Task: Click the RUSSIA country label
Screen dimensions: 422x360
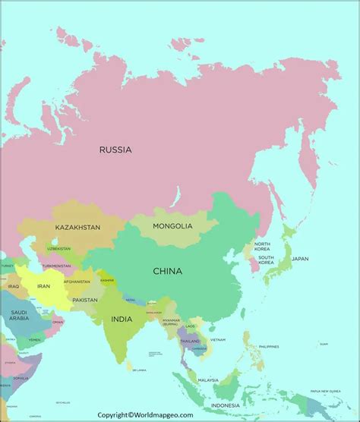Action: pos(115,150)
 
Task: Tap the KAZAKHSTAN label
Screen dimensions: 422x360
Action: pos(77,227)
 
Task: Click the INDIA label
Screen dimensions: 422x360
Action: pos(122,320)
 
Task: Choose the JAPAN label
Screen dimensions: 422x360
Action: pos(300,259)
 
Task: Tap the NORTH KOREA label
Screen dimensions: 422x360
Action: pos(262,247)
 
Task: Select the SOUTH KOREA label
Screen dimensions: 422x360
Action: pos(266,260)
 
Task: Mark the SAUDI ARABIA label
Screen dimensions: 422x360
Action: pos(18,316)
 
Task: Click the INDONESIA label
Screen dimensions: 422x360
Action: pos(247,405)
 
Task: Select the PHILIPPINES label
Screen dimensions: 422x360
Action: pos(269,347)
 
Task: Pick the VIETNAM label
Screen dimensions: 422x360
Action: pos(218,339)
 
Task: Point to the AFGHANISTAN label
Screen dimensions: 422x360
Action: pos(77,282)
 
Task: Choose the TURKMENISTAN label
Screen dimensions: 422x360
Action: pos(57,266)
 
